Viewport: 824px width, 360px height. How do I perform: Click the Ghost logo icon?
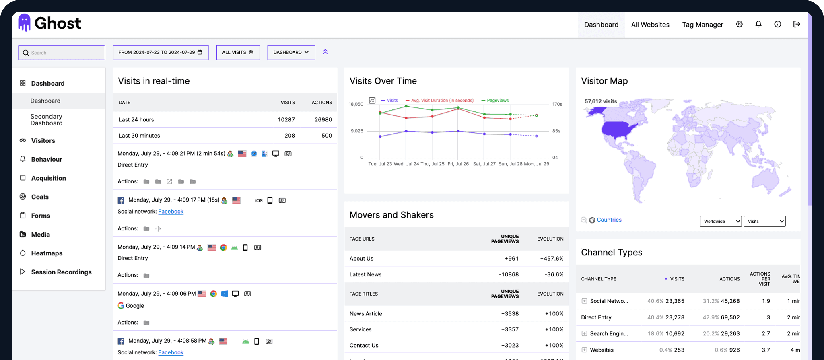pos(25,23)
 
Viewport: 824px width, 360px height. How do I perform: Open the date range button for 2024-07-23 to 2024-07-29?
pos(161,53)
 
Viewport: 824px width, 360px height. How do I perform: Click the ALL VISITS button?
pos(238,53)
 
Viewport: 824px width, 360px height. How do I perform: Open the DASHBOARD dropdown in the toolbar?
pos(291,53)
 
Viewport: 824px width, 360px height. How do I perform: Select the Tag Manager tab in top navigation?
pos(702,25)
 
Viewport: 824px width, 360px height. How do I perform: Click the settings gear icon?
pos(739,24)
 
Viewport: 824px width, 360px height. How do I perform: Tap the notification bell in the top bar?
pos(758,24)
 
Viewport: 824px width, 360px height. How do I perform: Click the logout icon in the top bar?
pos(797,24)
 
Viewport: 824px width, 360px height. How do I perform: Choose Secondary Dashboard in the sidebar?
pos(46,120)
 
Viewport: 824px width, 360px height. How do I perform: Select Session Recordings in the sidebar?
pos(61,272)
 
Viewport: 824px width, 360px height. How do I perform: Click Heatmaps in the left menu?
pos(47,253)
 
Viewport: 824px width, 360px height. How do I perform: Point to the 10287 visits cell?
pos(286,120)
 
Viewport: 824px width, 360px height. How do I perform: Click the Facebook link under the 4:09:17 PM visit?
pos(171,212)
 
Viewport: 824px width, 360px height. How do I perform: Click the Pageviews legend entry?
pos(497,101)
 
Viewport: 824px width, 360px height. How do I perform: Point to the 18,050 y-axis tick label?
pos(356,104)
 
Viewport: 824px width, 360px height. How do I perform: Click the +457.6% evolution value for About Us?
pos(552,259)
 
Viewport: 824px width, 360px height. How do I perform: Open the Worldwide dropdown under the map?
pos(720,221)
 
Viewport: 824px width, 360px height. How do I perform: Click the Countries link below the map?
pos(609,220)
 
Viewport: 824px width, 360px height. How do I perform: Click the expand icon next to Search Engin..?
pos(584,333)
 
